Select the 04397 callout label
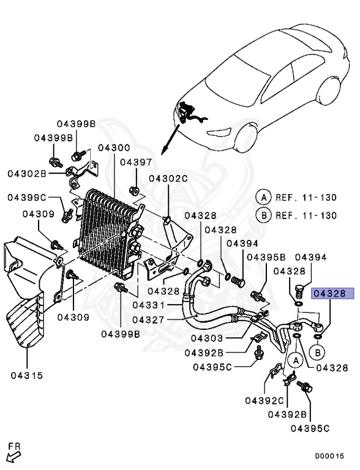[x=135, y=162]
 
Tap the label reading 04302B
[x=27, y=173]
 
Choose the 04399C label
[x=27, y=197]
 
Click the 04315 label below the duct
[x=26, y=375]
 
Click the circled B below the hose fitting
[x=318, y=353]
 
